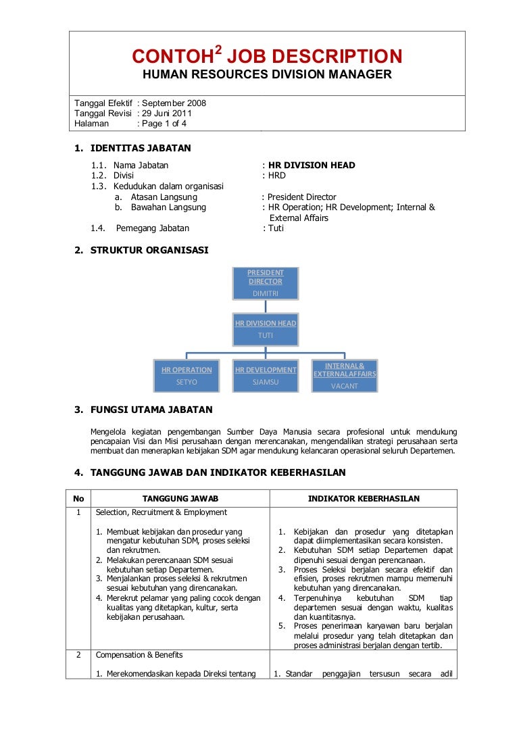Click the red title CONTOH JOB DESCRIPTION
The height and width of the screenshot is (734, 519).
click(267, 55)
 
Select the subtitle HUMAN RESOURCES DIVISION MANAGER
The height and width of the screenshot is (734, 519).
click(267, 74)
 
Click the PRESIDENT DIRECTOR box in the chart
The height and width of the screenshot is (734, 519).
click(266, 283)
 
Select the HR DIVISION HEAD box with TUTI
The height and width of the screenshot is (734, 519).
click(266, 328)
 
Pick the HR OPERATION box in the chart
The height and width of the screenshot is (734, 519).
click(187, 375)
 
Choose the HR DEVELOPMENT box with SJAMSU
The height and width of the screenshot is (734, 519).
click(266, 375)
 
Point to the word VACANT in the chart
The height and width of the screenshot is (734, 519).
click(345, 386)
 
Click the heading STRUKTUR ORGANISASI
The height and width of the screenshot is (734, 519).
click(149, 250)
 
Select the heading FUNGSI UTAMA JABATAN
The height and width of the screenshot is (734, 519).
click(151, 410)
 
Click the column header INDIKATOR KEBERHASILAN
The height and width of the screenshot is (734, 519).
click(364, 499)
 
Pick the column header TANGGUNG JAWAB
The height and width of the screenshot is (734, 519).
click(180, 499)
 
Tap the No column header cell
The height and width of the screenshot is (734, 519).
click(78, 499)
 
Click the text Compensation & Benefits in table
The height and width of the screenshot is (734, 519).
click(139, 654)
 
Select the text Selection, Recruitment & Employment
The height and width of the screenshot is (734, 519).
click(162, 512)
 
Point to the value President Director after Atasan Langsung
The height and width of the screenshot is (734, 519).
click(302, 197)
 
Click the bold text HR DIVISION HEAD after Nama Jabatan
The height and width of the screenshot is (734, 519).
click(312, 165)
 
